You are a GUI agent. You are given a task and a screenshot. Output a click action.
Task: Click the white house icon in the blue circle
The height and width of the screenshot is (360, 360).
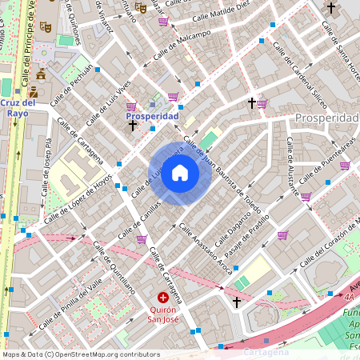(x=180, y=173)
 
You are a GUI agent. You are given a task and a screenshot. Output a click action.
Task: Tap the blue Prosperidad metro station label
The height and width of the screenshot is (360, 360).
(x=152, y=116)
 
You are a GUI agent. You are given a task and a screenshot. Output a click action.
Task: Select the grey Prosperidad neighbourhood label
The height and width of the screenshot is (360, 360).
(x=326, y=118)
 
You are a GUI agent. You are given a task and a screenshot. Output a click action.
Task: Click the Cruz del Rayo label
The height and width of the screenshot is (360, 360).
(x=18, y=108)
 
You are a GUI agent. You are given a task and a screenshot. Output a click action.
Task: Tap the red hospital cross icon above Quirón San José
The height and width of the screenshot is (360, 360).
(x=163, y=298)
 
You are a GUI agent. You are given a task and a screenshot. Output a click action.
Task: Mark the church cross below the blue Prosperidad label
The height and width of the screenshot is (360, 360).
(x=132, y=126)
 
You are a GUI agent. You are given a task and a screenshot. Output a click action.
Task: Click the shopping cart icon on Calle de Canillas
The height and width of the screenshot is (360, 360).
(x=142, y=239)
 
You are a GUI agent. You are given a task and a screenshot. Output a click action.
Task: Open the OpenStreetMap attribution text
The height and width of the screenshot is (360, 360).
(x=81, y=354)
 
